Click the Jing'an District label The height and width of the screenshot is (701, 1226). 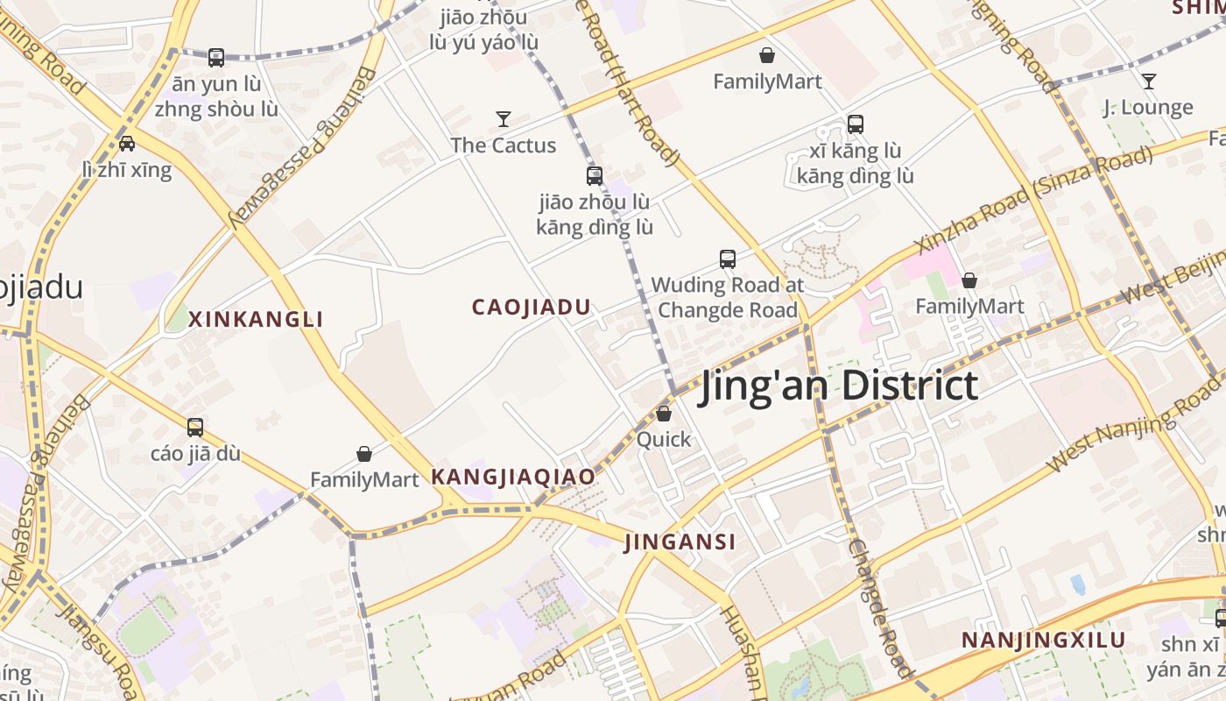(838, 386)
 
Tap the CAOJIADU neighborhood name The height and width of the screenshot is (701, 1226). (532, 308)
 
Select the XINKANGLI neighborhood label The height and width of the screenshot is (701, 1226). (256, 319)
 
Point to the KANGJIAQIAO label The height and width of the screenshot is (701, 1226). (513, 478)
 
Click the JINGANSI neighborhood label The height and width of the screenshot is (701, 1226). (680, 542)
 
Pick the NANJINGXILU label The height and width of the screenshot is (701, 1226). (1043, 640)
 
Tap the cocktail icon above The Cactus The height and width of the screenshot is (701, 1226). (504, 119)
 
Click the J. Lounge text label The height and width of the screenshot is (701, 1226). (1147, 108)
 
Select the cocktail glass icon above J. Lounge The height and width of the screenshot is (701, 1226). (1148, 81)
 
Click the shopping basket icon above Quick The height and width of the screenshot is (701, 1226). (664, 414)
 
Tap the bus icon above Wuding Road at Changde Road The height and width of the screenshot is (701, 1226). (728, 259)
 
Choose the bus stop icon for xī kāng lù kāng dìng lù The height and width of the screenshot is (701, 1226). (856, 124)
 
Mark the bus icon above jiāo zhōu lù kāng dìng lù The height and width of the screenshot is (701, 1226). (595, 176)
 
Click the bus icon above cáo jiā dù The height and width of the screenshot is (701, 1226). (195, 428)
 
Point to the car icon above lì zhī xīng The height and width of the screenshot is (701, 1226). (127, 144)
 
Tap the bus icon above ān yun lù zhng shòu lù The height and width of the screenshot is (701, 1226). (216, 58)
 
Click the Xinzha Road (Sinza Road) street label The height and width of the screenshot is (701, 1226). (1033, 199)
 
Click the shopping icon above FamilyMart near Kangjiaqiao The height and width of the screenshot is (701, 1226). (364, 454)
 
